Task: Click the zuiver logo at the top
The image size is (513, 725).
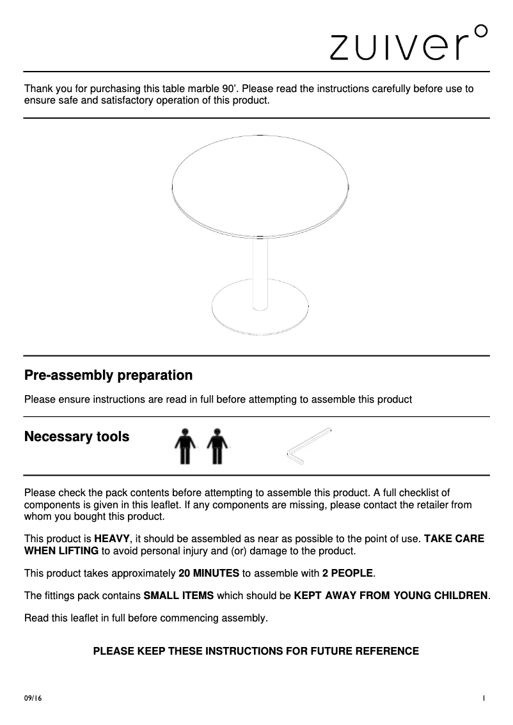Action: tap(402, 45)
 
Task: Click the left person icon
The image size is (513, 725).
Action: tap(186, 445)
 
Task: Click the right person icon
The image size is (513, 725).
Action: tap(217, 445)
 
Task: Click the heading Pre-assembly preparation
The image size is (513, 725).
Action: tap(108, 375)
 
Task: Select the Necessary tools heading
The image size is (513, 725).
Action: tap(77, 437)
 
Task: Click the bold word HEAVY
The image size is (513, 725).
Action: tap(113, 539)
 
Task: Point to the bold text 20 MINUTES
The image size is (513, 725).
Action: tap(209, 573)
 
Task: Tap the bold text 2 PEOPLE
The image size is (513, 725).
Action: tap(348, 573)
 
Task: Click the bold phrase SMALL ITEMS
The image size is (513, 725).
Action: tap(179, 596)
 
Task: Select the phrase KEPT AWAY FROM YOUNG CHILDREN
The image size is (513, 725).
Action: tap(391, 596)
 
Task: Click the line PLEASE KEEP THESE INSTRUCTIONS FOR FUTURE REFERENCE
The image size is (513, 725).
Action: tap(256, 651)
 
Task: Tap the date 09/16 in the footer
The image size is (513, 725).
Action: tap(32, 699)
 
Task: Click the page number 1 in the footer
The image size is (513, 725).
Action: tap(485, 699)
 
